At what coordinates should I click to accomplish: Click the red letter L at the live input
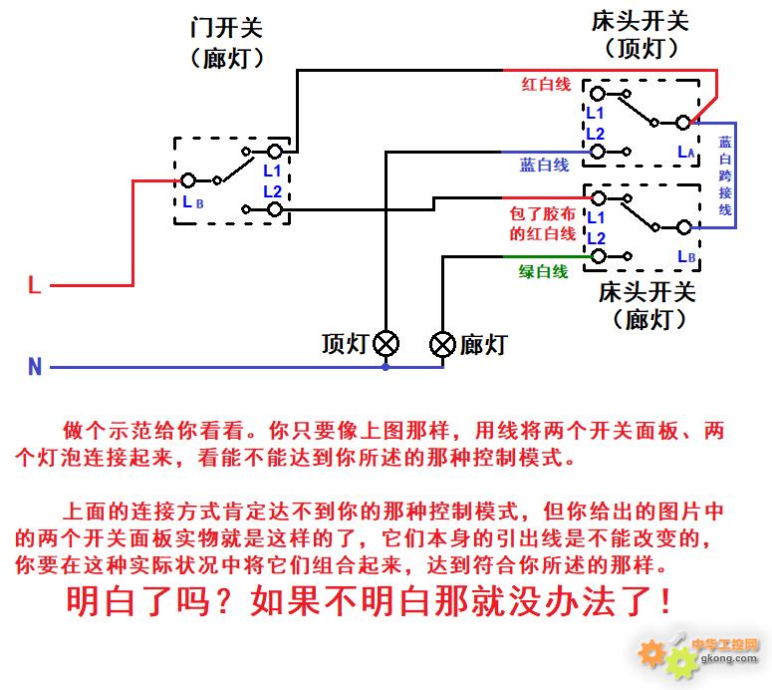pos(35,285)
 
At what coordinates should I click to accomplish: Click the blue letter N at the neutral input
pos(35,367)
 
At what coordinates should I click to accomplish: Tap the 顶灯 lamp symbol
pos(386,344)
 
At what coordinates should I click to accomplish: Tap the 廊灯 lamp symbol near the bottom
pos(442,344)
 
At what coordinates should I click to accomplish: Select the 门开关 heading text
pos(226,27)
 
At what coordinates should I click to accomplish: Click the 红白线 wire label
pos(546,85)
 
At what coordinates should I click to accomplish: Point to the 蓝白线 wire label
pos(545,165)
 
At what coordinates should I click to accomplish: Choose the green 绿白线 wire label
pos(543,271)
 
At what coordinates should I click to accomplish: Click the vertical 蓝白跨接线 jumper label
pos(725,175)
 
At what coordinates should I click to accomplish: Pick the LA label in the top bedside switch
pos(686,152)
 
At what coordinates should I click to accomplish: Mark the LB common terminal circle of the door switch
pos(188,180)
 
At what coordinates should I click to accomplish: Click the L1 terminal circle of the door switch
pos(275,152)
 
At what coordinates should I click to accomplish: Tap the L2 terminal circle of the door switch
pos(275,210)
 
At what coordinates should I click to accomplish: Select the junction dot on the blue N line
pos(386,367)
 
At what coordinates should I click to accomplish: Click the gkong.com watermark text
pos(729,658)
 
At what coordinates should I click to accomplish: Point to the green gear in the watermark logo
pos(682,662)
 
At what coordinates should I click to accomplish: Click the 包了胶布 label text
pos(543,214)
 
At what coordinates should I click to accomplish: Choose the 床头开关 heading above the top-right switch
pos(641,21)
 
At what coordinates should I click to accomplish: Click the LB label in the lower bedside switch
pos(686,257)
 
